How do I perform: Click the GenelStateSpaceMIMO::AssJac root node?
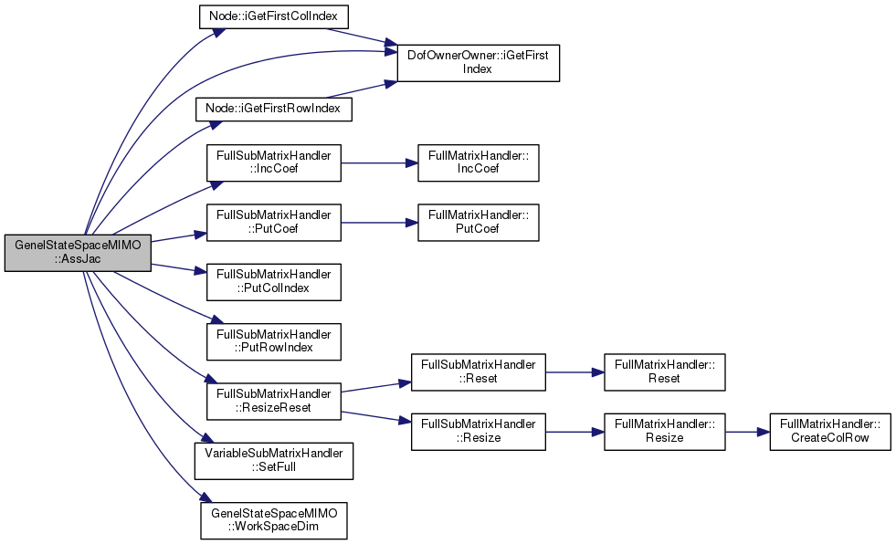[78, 252]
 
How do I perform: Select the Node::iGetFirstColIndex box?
[273, 16]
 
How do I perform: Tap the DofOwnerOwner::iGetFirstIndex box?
[479, 63]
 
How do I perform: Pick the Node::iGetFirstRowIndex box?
[274, 109]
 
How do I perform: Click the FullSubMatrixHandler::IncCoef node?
[274, 163]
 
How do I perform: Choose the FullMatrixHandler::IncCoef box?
[479, 163]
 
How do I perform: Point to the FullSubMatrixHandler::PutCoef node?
[274, 223]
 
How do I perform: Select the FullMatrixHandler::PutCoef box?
[479, 223]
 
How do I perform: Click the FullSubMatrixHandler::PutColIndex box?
[274, 282]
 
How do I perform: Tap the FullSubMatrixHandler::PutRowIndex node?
[274, 342]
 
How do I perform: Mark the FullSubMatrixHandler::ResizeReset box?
[274, 402]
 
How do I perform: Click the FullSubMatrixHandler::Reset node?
[479, 372]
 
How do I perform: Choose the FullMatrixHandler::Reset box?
[665, 372]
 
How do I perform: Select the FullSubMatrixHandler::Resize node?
[479, 432]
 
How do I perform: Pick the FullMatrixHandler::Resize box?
[665, 432]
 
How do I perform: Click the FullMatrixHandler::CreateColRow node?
[830, 432]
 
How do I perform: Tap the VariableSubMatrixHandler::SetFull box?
[274, 461]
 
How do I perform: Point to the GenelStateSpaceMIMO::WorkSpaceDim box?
[274, 520]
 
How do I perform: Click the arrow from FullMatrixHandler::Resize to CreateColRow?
[747, 432]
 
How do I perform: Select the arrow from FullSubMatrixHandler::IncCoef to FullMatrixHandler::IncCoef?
[379, 163]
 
